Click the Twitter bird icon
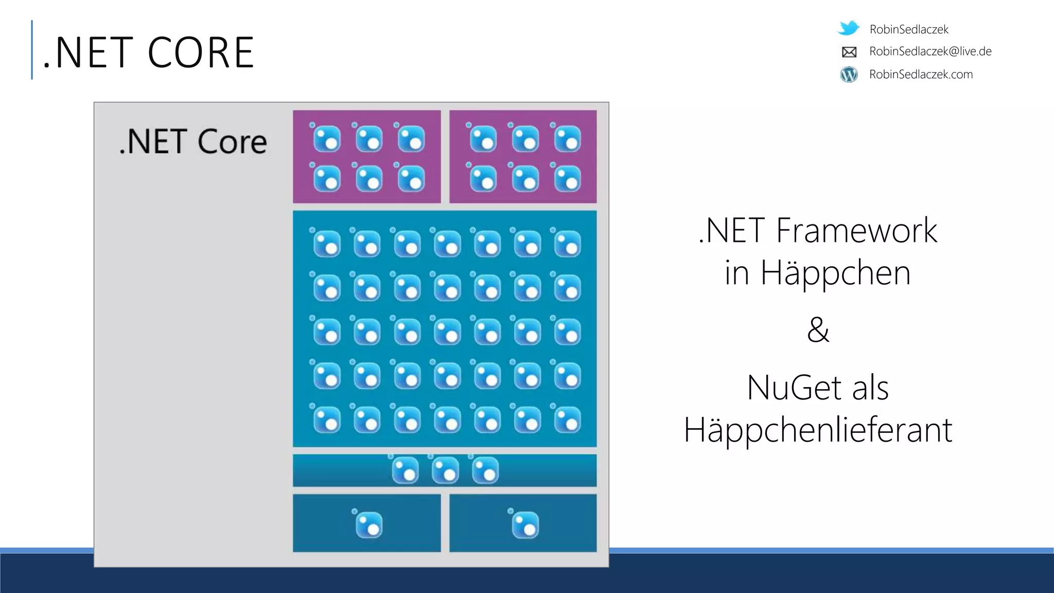pos(849,28)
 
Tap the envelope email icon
pos(849,52)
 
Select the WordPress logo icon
pos(849,75)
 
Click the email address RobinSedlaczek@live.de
pos(930,51)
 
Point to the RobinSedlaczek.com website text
pos(921,75)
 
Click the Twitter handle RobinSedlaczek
pos(908,29)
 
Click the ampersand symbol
pos(818,329)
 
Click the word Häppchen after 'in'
pos(835,272)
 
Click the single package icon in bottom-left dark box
pos(368,525)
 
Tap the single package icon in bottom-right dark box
pos(525,525)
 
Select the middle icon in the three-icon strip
pos(445,470)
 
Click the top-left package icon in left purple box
pos(326,138)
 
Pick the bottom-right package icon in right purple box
pos(567,179)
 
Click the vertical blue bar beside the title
pos(32,50)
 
